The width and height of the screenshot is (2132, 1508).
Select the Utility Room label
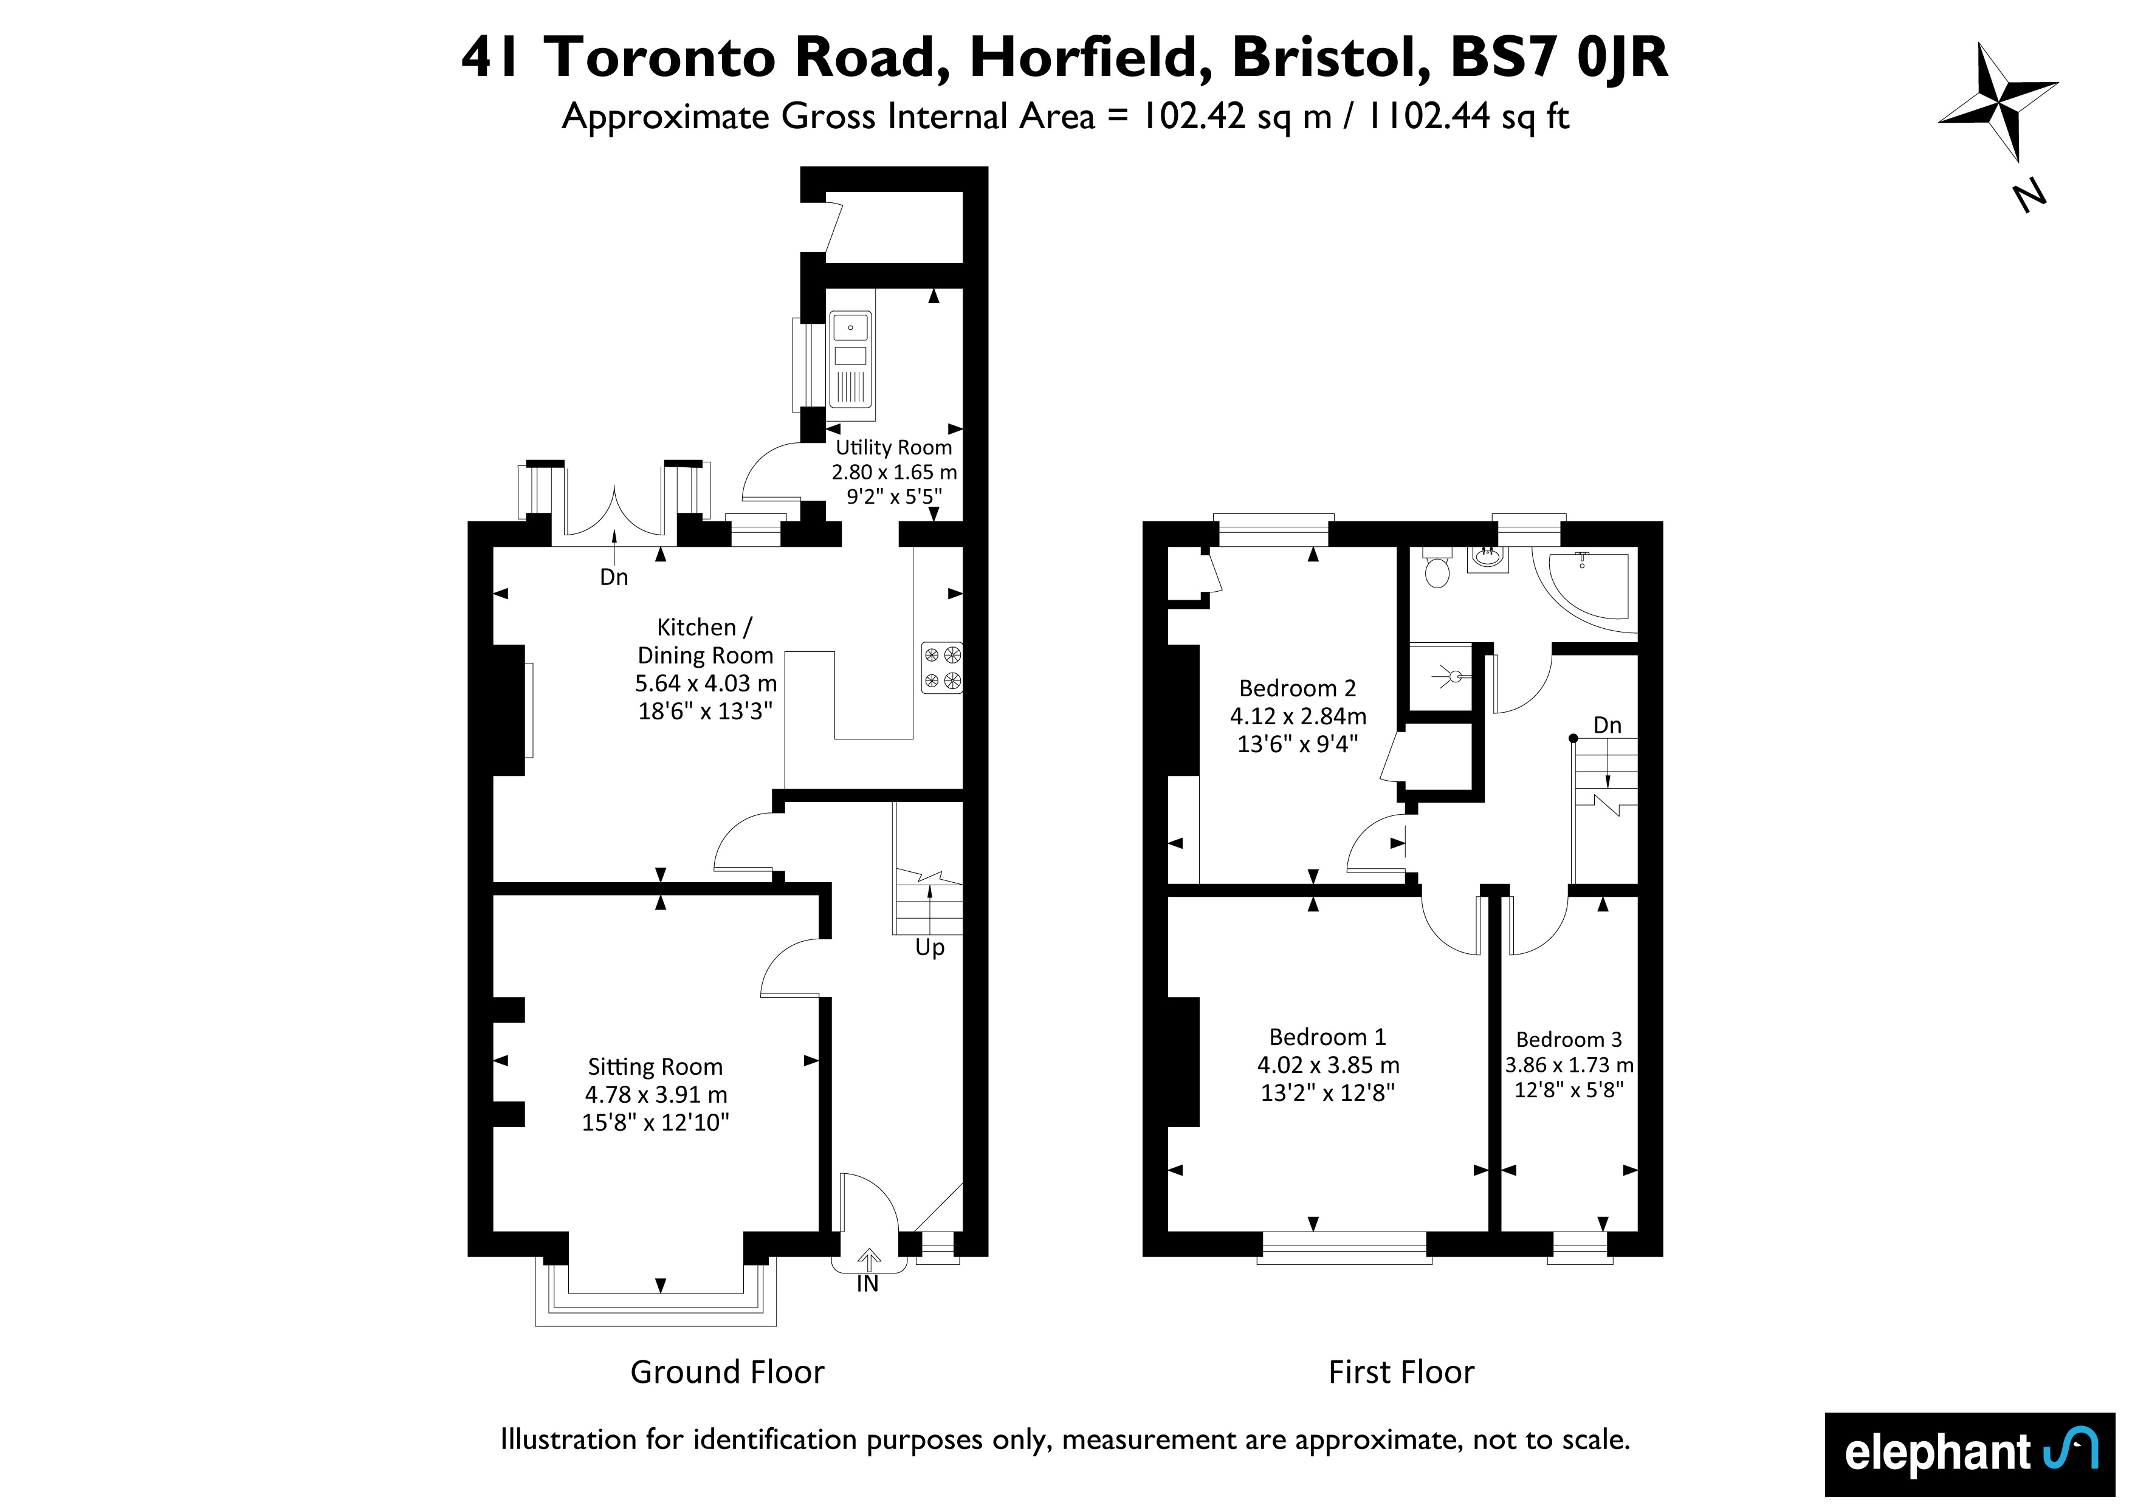click(x=893, y=448)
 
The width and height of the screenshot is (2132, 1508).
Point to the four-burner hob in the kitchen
click(x=941, y=668)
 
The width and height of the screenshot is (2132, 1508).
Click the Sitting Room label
click(x=655, y=1067)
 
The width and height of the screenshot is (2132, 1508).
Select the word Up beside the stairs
click(x=929, y=948)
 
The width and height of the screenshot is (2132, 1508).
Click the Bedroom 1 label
click(x=1327, y=1037)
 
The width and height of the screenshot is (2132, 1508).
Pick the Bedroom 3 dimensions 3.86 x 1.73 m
click(x=1569, y=1065)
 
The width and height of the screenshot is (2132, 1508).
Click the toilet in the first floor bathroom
click(x=1437, y=567)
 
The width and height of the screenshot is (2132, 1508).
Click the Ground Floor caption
click(x=727, y=1373)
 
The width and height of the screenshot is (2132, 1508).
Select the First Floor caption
click(x=1401, y=1373)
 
